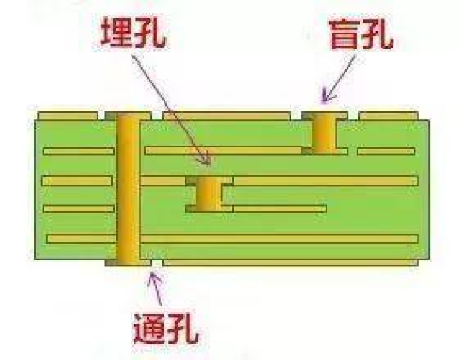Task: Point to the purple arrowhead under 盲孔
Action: click(328, 97)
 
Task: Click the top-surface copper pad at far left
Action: click(71, 116)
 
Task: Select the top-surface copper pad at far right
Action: click(393, 116)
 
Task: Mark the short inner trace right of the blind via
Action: click(386, 151)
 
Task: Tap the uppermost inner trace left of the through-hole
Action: click(78, 151)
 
